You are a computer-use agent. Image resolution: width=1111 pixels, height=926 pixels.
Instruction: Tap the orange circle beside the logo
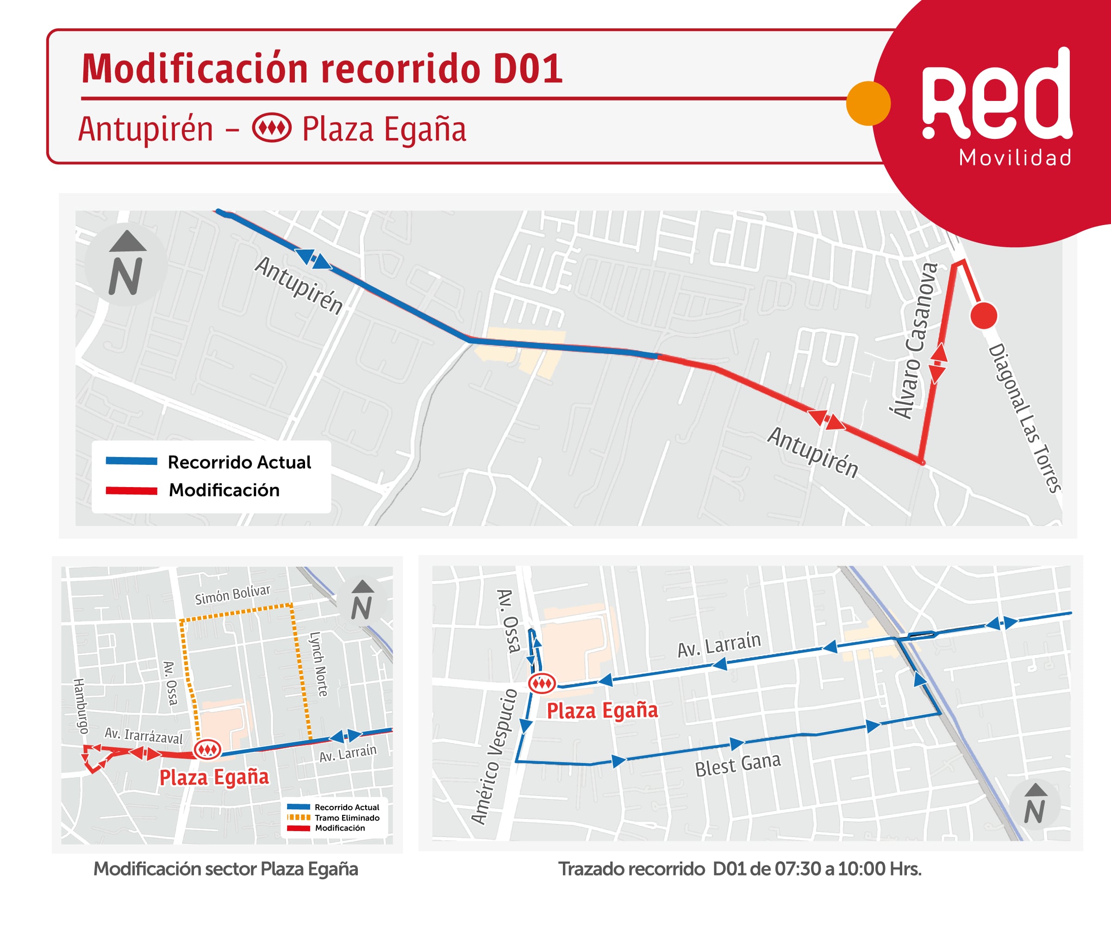[868, 103]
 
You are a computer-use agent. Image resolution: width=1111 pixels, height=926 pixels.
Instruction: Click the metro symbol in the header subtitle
[271, 129]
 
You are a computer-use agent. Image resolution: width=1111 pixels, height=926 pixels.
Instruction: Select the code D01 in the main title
[527, 69]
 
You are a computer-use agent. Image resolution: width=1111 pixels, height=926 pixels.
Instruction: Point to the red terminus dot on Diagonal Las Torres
[984, 315]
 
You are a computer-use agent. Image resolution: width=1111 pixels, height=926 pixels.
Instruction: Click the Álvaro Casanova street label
[913, 341]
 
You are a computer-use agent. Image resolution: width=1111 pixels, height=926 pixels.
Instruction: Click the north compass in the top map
[126, 264]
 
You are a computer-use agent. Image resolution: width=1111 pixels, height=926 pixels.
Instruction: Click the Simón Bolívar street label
[232, 594]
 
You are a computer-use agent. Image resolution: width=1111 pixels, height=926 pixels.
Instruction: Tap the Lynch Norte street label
[318, 664]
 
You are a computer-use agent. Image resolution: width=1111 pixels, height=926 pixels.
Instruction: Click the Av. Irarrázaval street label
[144, 736]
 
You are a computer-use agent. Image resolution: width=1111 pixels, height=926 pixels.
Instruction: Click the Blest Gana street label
[737, 764]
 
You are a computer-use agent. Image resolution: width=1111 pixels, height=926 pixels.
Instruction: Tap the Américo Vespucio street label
[493, 757]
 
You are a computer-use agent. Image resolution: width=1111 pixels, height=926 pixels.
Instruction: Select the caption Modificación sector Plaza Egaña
[226, 869]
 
